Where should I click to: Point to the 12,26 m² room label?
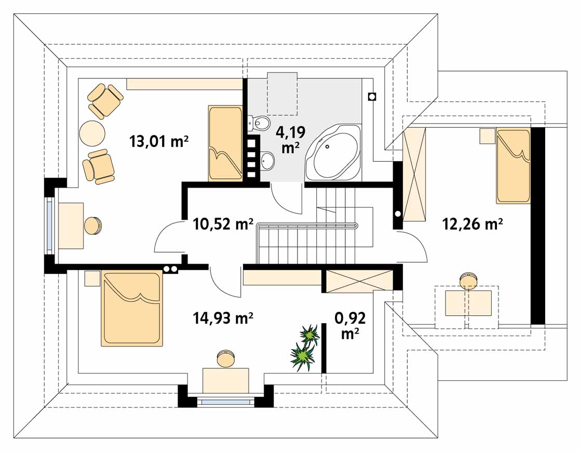473,224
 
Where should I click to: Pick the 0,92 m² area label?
350,325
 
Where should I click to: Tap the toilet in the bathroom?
259,123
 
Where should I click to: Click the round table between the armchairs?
92,134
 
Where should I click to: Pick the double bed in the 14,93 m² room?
132,308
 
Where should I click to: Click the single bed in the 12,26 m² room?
513,166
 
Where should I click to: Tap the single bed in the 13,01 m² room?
225,143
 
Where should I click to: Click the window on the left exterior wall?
49,225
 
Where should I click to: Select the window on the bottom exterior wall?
226,401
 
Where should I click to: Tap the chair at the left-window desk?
92,225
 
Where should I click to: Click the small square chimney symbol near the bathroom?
372,97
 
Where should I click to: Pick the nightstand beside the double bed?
92,278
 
